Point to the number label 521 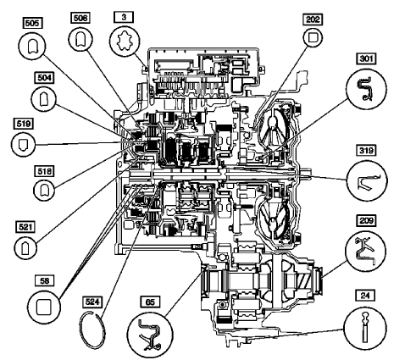[x=25, y=226]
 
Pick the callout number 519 [x=25, y=122]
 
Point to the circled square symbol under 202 [x=313, y=38]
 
